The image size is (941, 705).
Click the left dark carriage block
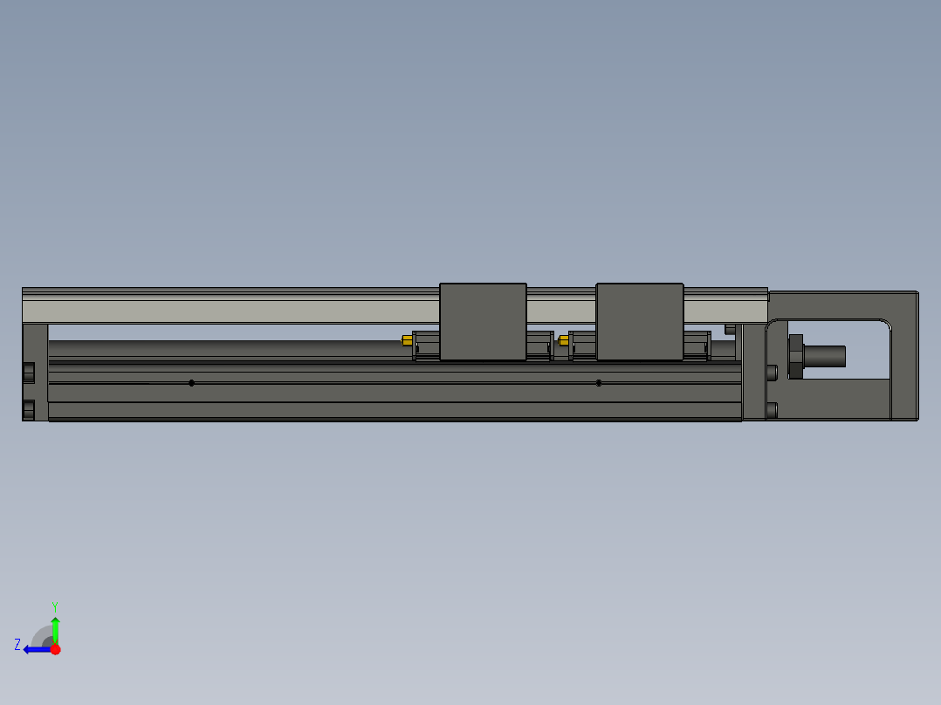[483, 321]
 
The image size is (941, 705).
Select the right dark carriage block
[639, 321]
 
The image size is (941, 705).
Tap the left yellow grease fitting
[407, 340]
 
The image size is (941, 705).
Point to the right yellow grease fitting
[563, 340]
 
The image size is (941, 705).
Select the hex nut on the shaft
[795, 356]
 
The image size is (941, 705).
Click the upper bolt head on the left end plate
[29, 372]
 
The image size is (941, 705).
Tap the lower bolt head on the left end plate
[29, 409]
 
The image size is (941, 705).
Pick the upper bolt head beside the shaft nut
[772, 372]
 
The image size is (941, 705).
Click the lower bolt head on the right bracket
[772, 409]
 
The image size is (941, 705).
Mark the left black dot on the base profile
[192, 383]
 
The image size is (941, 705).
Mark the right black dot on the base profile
[599, 383]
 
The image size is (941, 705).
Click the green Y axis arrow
[55, 628]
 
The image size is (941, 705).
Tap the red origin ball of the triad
[55, 649]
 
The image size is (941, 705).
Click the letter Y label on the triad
[54, 606]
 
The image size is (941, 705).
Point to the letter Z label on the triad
[17, 645]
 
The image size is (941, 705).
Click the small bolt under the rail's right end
[730, 329]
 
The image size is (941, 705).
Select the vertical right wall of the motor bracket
[904, 358]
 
